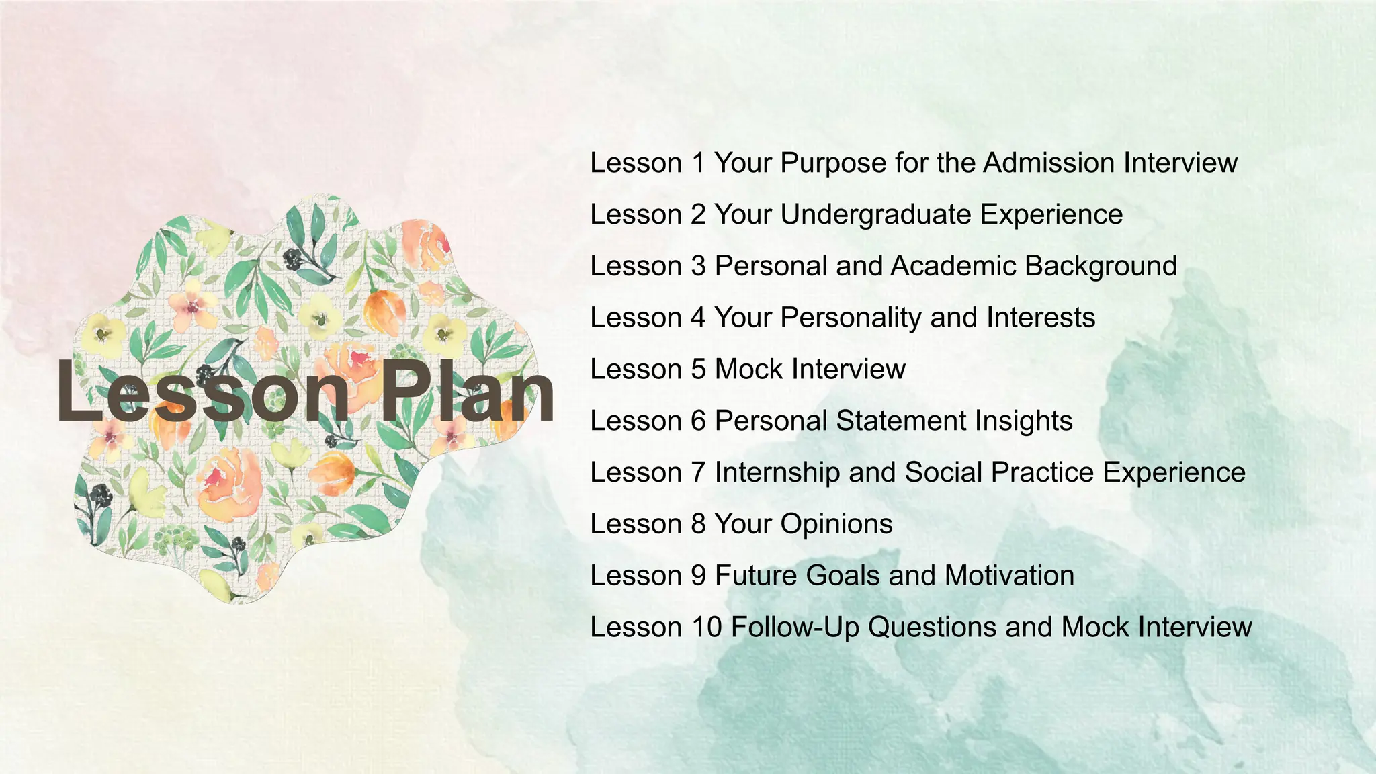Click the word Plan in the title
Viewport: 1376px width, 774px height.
(468, 391)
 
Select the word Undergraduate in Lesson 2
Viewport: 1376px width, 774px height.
(875, 215)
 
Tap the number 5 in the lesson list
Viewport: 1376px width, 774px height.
(698, 370)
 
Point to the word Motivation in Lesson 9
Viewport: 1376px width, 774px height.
(1009, 576)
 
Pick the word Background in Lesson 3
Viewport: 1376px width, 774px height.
(1101, 266)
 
